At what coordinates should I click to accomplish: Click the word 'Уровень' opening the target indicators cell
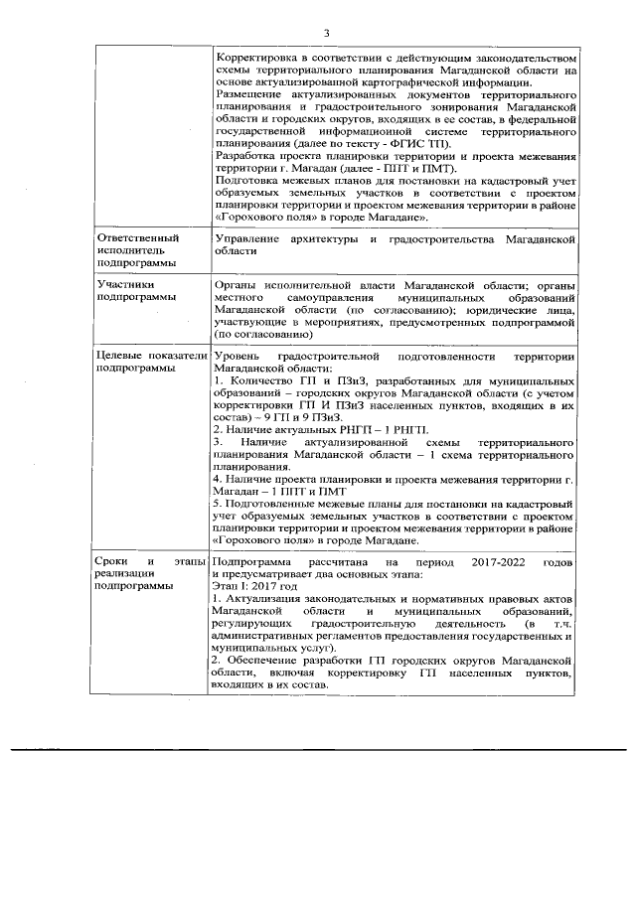pos(238,355)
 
